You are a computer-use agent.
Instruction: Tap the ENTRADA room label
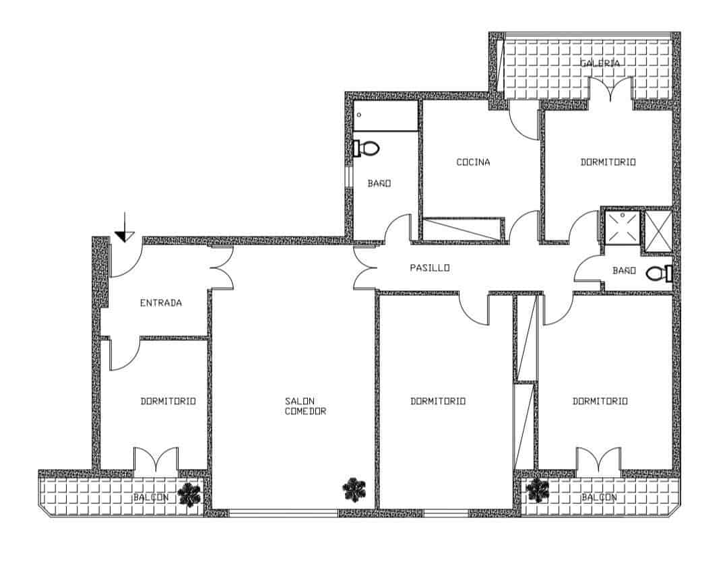coord(160,303)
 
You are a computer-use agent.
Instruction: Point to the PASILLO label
coord(430,268)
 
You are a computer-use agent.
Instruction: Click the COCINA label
coord(473,162)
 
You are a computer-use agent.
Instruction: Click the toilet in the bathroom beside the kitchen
coord(367,148)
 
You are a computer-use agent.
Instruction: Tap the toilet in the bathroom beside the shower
coord(659,274)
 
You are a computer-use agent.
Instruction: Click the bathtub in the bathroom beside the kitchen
coord(385,117)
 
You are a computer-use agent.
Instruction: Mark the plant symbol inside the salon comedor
coord(354,490)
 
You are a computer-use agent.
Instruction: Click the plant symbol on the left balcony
coord(189,495)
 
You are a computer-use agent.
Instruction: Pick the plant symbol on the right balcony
coord(538,491)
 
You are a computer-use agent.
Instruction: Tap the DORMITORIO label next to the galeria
coord(608,162)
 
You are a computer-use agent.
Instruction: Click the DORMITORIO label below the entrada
coord(168,402)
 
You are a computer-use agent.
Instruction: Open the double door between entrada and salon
coord(222,268)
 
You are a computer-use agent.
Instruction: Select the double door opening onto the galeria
coord(611,90)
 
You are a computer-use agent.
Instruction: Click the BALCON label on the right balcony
coord(599,497)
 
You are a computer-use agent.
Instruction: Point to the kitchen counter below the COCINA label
coord(463,228)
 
